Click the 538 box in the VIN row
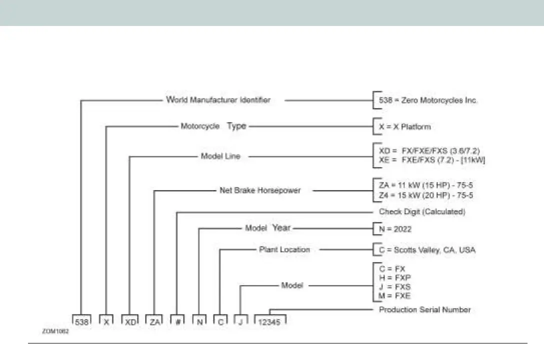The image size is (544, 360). click(x=81, y=322)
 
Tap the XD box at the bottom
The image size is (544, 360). click(x=130, y=322)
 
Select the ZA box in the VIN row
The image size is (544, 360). click(x=154, y=322)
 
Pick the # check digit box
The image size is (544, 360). click(x=177, y=322)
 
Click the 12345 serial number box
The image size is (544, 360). click(x=270, y=322)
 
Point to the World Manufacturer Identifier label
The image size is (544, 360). click(x=218, y=100)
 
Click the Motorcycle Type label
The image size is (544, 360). click(x=213, y=126)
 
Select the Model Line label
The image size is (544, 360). click(x=220, y=156)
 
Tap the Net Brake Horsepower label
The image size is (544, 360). click(x=260, y=190)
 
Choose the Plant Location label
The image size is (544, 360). click(x=284, y=249)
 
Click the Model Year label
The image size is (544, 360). click(x=267, y=228)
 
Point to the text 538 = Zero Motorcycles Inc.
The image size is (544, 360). click(x=428, y=100)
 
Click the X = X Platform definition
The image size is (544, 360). click(x=404, y=126)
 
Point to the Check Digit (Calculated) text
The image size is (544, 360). click(x=422, y=212)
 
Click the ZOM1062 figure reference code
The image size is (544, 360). click(x=55, y=331)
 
